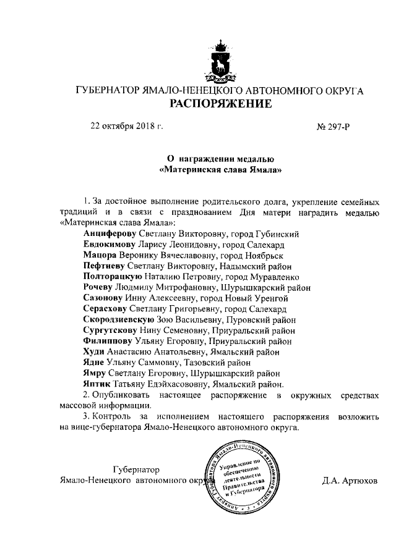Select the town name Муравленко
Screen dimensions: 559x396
[273, 277]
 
